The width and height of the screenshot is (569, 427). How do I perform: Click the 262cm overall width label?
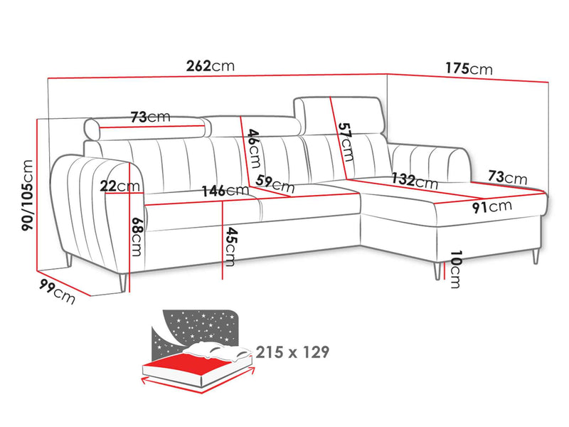[211, 66]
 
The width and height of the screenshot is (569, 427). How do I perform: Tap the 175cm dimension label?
[469, 68]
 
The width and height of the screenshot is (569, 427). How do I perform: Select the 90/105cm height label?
[28, 195]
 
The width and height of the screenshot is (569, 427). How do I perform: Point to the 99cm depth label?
[58, 291]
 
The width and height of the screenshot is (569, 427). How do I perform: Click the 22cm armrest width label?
[119, 186]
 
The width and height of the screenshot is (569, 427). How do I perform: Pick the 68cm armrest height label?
[137, 237]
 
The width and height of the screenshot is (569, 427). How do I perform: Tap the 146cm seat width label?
[225, 191]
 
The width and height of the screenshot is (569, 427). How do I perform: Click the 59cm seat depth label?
[275, 184]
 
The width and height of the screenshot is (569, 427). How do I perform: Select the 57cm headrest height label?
[345, 142]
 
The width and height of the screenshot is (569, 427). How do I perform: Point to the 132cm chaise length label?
[415, 181]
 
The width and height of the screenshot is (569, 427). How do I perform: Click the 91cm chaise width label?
[492, 206]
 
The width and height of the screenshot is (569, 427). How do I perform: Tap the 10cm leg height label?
[455, 270]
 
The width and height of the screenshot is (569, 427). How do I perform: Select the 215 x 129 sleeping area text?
[292, 352]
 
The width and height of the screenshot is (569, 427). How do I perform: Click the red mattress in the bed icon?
[188, 365]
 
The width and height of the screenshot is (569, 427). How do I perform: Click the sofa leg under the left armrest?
[122, 283]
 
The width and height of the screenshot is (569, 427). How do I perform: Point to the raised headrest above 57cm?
[339, 115]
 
